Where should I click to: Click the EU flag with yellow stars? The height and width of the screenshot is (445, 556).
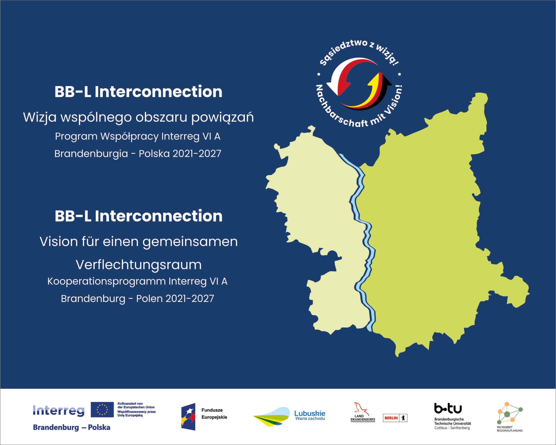pyautogui.click(x=102, y=409)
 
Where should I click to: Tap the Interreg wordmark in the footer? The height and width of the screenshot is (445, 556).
pyautogui.click(x=59, y=410)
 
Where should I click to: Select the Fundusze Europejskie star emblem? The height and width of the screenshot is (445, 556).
pyautogui.click(x=188, y=417)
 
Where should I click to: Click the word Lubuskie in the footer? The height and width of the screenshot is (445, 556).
pyautogui.click(x=310, y=413)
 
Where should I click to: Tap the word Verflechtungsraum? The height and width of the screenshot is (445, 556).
pyautogui.click(x=139, y=265)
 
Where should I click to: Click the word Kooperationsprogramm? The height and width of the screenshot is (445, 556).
pyautogui.click(x=106, y=281)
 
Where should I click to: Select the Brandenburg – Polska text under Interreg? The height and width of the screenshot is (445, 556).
pyautogui.click(x=71, y=427)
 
